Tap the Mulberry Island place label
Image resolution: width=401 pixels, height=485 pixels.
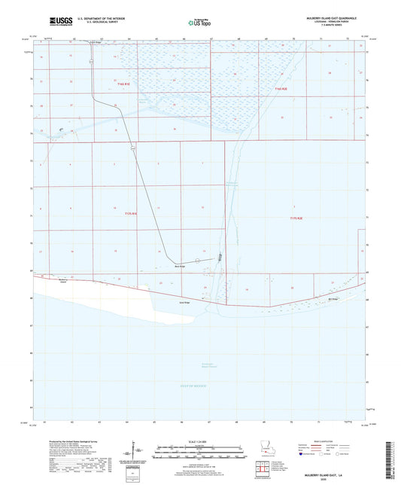[x=44, y=280]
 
